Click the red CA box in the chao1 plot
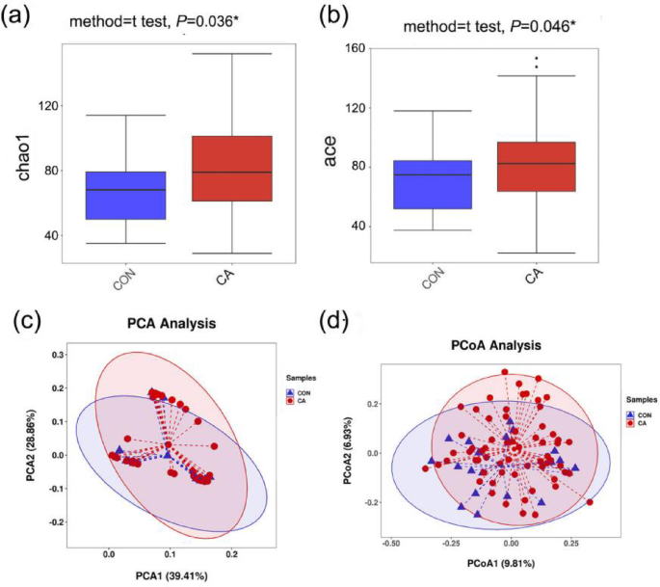(x=232, y=168)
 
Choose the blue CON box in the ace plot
(x=431, y=184)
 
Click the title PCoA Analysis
(x=493, y=343)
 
